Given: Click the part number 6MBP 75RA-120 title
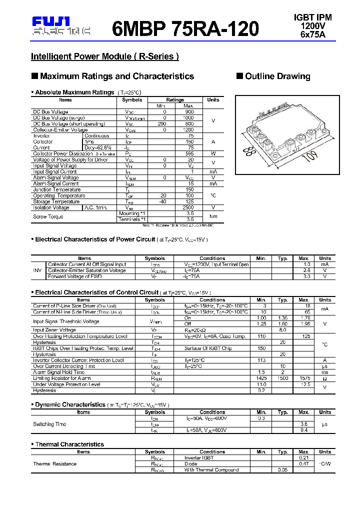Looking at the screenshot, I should (x=185, y=29).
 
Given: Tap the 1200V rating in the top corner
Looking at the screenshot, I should (x=312, y=25).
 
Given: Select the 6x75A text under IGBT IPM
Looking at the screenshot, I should (x=312, y=34).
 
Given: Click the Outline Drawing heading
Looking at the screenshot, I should (x=277, y=76).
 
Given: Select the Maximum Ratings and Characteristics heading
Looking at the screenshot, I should (x=116, y=76).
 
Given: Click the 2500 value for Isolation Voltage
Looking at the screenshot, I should (x=189, y=207).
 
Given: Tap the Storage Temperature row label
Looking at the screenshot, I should (x=56, y=201).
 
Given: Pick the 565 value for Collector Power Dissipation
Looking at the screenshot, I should (x=189, y=153).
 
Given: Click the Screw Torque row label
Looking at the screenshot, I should (x=48, y=216).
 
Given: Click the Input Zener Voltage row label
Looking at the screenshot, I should (x=54, y=330).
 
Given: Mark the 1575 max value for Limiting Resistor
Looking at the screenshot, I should (x=303, y=378).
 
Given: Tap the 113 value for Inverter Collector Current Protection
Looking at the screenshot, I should (x=260, y=360).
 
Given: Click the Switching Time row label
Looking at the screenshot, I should (x=50, y=424).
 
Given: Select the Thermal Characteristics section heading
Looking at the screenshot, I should (x=69, y=444).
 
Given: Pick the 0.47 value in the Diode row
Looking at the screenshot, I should (x=303, y=464).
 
